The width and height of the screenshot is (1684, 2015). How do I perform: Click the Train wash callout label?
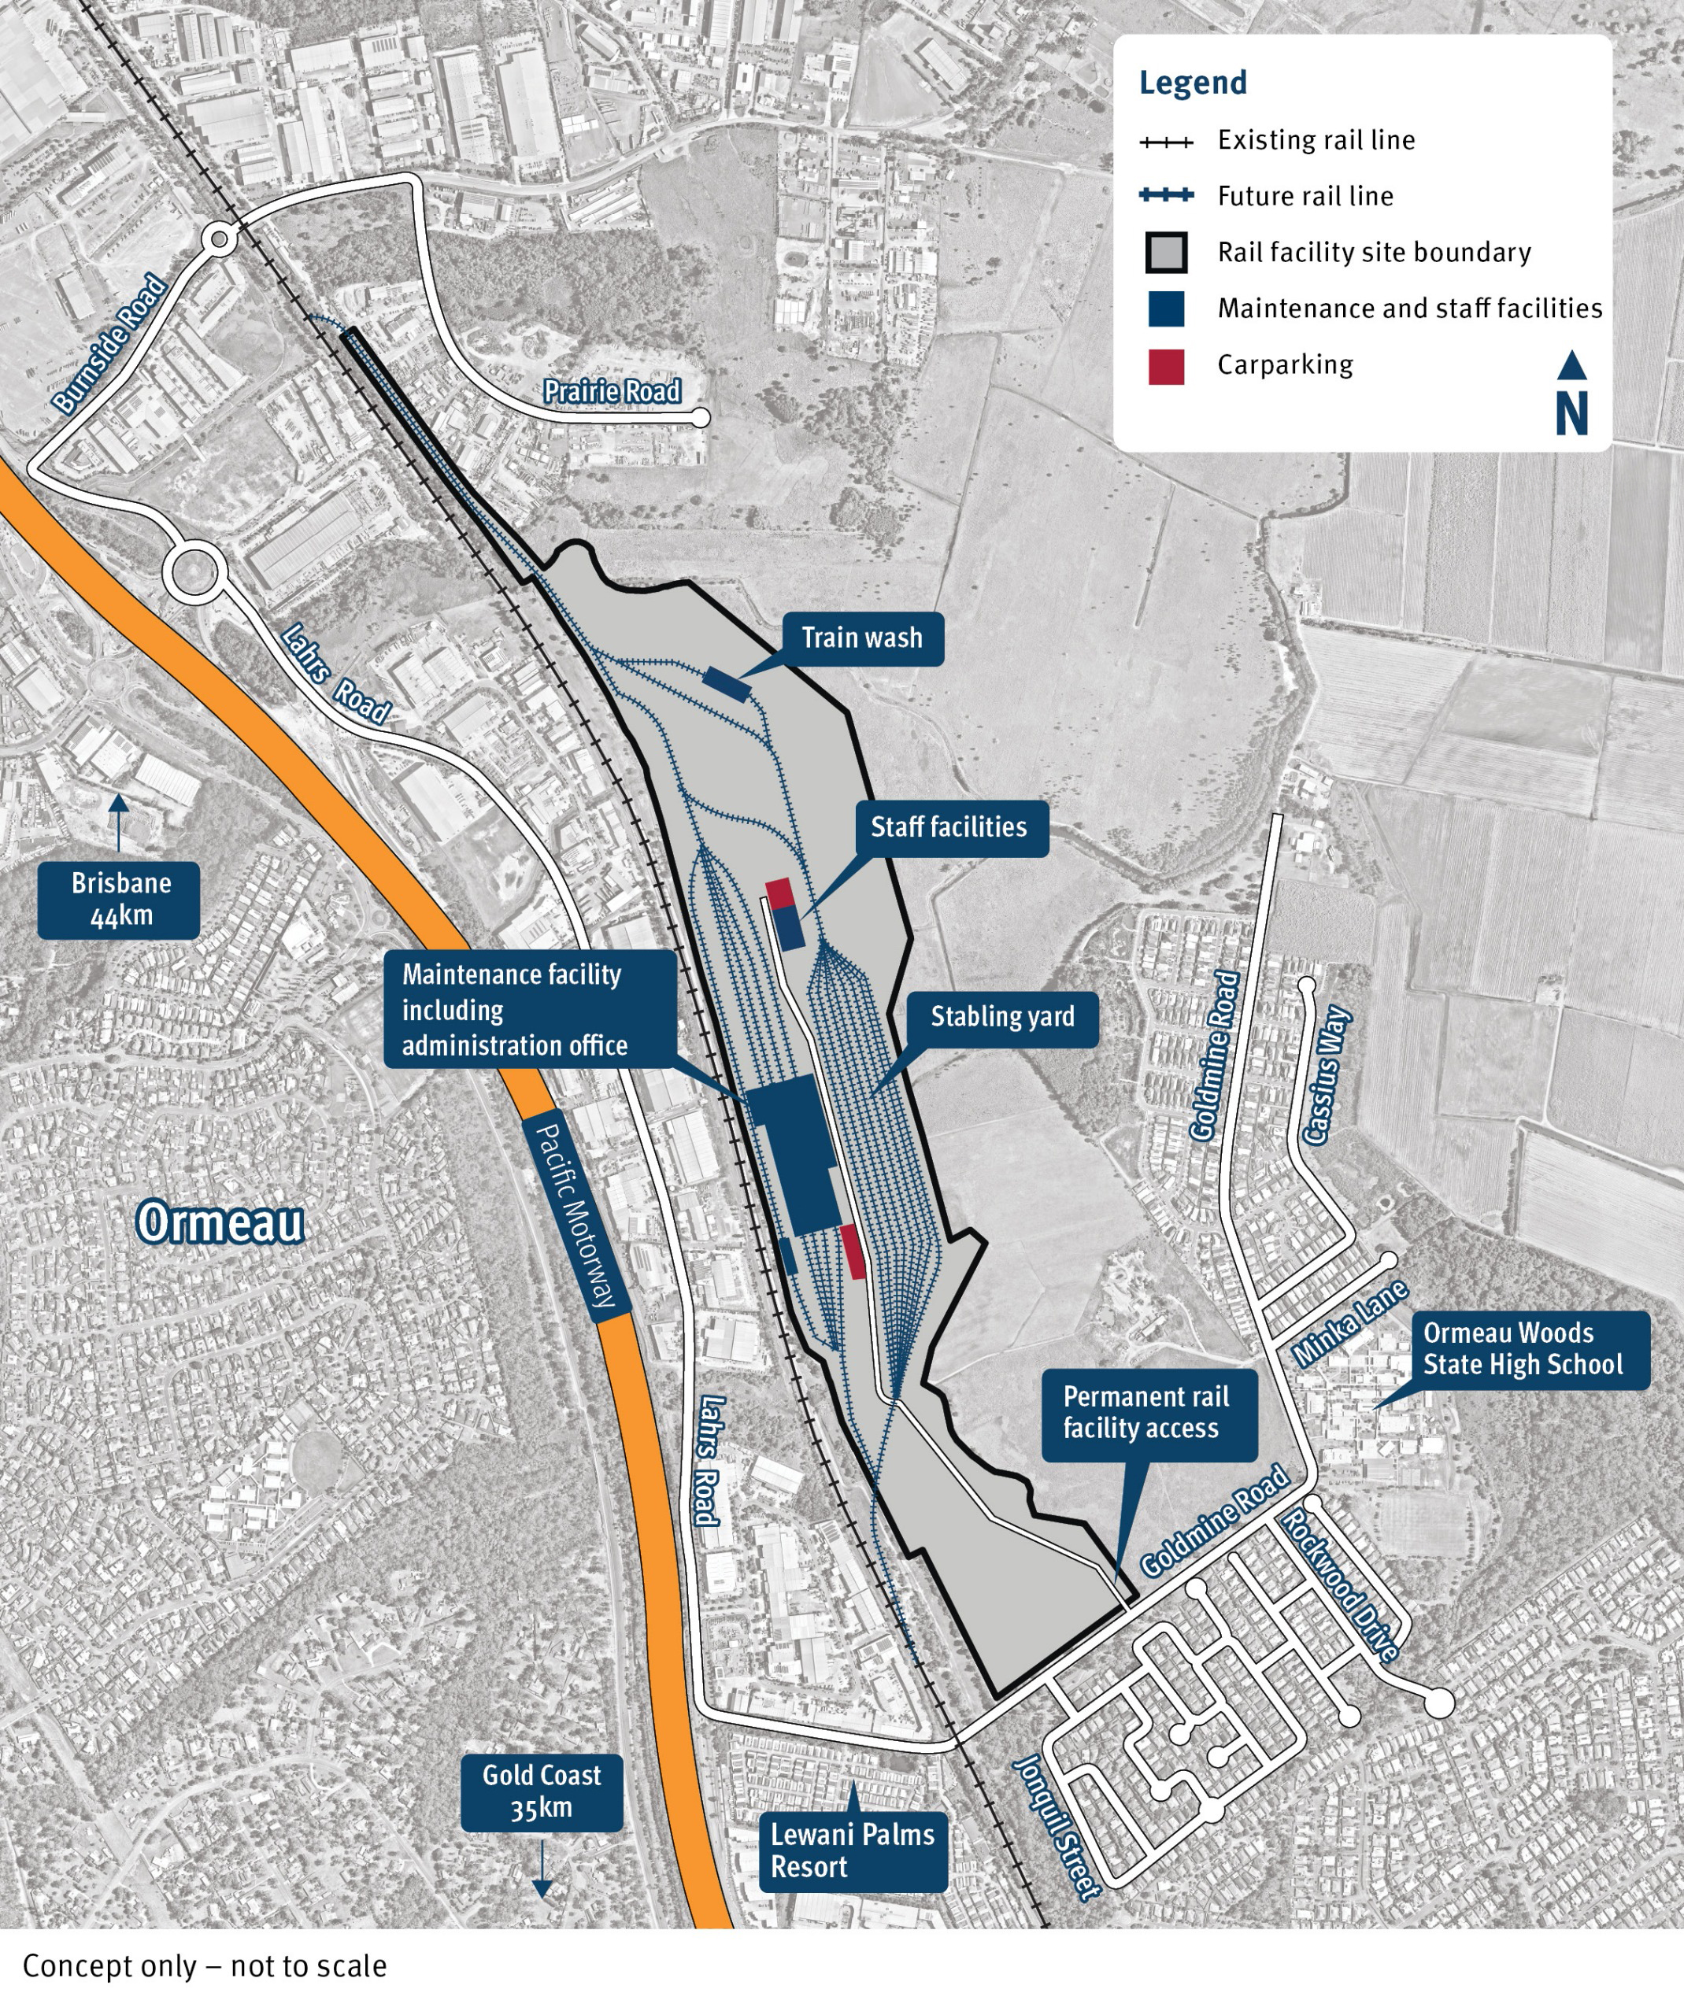click(x=861, y=639)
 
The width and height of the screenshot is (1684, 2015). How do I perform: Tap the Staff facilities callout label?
click(x=948, y=828)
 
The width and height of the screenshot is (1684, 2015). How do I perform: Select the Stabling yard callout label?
click(x=1001, y=1018)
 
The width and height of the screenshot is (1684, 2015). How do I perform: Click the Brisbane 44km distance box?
click(x=120, y=899)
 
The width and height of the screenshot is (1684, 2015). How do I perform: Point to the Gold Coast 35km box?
click(x=541, y=1791)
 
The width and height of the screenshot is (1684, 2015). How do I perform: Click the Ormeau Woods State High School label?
click(x=1522, y=1349)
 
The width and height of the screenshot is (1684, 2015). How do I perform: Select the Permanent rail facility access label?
click(x=1146, y=1412)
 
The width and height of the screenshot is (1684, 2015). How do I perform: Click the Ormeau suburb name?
click(x=220, y=1223)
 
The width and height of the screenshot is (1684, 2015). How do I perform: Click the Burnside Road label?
click(x=109, y=345)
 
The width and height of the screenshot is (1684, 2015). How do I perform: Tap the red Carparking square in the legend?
click(x=1166, y=367)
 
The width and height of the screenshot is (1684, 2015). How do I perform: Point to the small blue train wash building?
click(x=727, y=684)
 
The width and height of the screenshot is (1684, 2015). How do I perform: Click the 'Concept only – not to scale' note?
click(x=205, y=1966)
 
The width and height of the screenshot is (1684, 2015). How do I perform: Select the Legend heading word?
click(x=1193, y=83)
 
